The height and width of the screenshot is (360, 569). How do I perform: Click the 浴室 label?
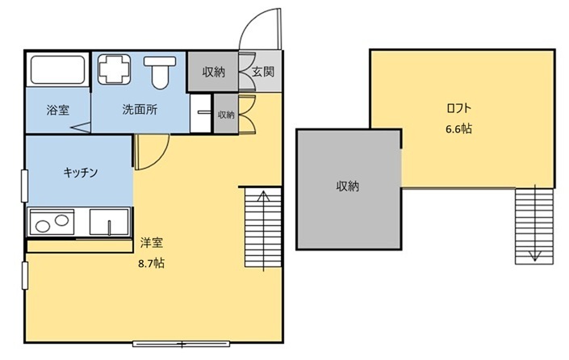[x=57, y=110]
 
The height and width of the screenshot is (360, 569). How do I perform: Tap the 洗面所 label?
[x=140, y=109]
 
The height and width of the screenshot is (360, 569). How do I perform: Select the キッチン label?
[x=80, y=172]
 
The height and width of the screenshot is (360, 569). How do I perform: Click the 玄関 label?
[x=263, y=72]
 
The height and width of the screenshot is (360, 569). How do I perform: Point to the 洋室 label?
[x=151, y=243]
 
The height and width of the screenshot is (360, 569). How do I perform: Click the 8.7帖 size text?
[x=151, y=263]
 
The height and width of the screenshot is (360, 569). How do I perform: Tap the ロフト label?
[x=458, y=108]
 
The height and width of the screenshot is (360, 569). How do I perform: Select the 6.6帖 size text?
[x=458, y=128]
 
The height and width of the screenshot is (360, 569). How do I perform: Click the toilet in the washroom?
[x=160, y=72]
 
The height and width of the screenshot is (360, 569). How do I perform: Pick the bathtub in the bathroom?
[x=57, y=69]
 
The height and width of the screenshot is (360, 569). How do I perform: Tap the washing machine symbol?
[x=114, y=69]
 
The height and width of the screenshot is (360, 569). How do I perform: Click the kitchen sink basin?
[x=109, y=222]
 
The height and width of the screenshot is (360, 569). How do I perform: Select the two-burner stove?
[x=52, y=222]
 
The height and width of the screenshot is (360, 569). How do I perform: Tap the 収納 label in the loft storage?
[x=348, y=186]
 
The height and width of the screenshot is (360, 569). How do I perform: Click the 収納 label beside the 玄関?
[x=214, y=72]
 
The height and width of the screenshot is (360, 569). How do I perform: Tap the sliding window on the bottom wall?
[x=181, y=344]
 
